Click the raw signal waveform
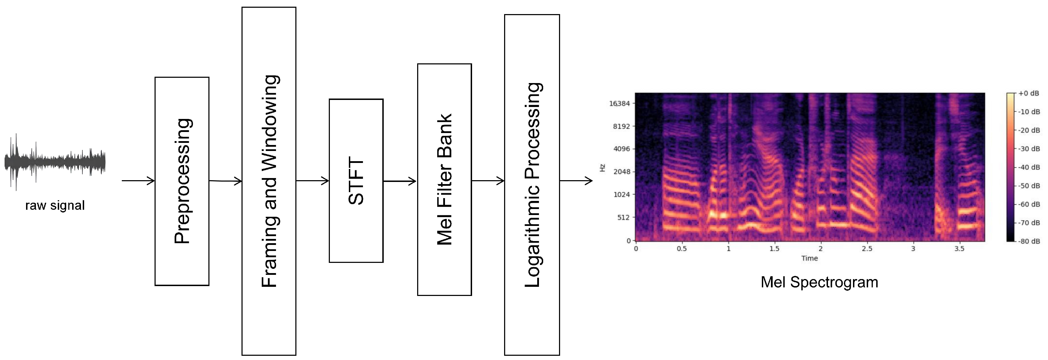tap(55, 162)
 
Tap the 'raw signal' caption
tap(55, 206)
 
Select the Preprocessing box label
tap(182, 181)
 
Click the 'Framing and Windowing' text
tap(270, 181)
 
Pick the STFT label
tap(356, 181)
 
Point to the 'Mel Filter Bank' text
tap(444, 179)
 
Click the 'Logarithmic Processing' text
tap(533, 185)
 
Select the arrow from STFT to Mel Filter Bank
tap(400, 181)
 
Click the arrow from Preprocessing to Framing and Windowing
tap(225, 181)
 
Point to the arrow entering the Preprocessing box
tap(138, 181)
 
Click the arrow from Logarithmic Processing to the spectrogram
tap(576, 181)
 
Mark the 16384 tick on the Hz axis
tap(619, 103)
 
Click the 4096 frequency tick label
tap(621, 149)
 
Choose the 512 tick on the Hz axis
tap(623, 217)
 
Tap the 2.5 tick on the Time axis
tap(867, 248)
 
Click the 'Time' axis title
tap(810, 258)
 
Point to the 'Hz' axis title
tap(603, 168)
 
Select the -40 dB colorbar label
tap(1029, 167)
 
